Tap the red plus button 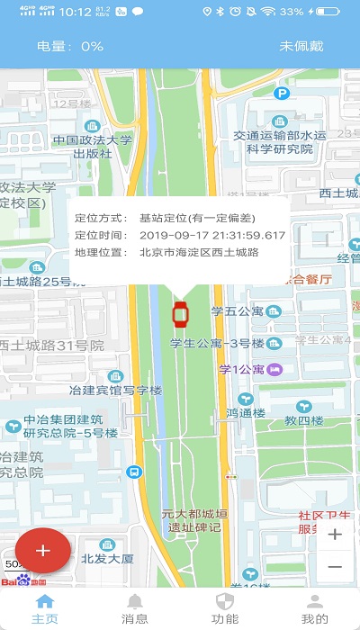tap(42, 548)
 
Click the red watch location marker tap(180, 314)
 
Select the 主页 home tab tap(44, 609)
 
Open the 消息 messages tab tap(135, 609)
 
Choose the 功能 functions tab tap(225, 609)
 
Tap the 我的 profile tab tap(315, 609)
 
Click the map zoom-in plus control tap(335, 535)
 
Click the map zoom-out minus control tap(335, 566)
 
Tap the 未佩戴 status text tap(301, 46)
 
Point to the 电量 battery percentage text tap(70, 46)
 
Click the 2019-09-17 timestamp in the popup tap(212, 235)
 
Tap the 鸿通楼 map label tap(244, 412)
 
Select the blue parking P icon tap(283, 93)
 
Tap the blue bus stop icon tap(134, 471)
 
